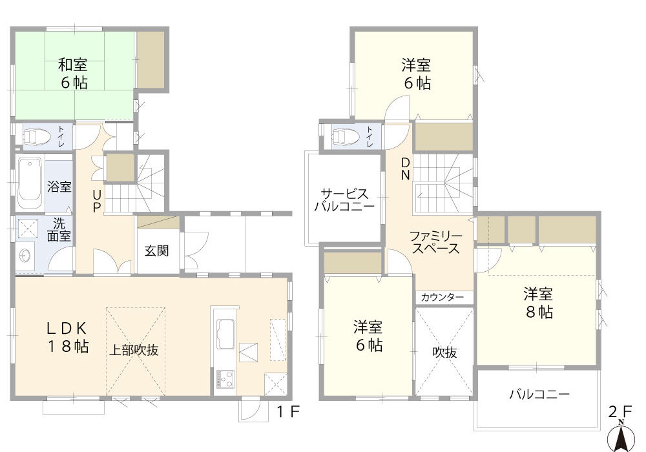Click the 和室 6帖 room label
tap(72, 74)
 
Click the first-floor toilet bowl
tap(37, 136)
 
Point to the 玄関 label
tap(157, 250)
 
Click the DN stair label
tap(405, 169)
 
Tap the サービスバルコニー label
tap(344, 200)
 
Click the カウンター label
tap(443, 298)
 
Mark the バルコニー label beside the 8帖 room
tap(539, 394)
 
